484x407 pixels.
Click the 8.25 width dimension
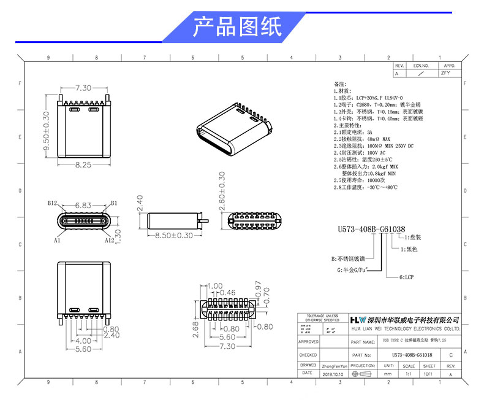click(83, 165)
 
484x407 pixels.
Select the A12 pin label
click(110, 241)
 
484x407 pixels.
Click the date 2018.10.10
click(334, 373)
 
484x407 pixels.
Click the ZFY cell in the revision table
click(445, 73)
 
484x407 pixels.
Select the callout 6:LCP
click(408, 277)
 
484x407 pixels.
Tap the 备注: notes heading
click(340, 83)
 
